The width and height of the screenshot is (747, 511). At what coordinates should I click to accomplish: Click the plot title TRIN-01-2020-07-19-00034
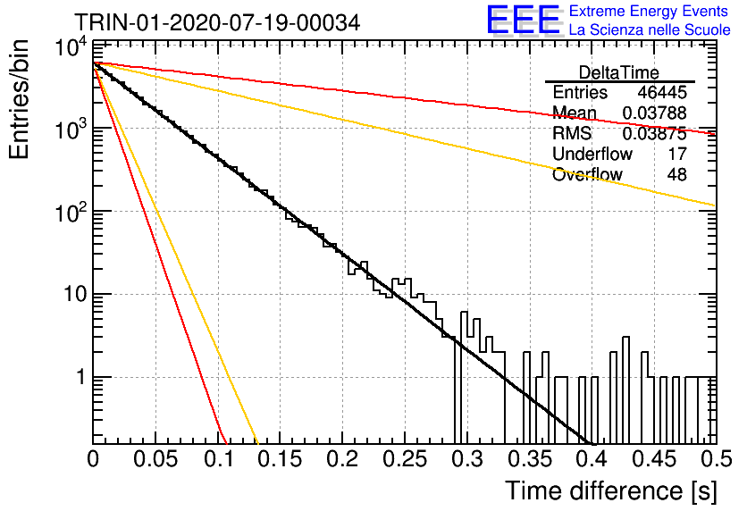click(x=217, y=23)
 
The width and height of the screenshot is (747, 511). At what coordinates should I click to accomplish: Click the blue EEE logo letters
click(x=524, y=20)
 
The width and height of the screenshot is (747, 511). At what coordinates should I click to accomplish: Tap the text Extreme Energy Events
click(x=649, y=11)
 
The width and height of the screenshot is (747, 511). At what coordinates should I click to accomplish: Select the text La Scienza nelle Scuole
click(x=650, y=29)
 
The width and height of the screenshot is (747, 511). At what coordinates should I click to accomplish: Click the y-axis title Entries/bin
click(x=20, y=99)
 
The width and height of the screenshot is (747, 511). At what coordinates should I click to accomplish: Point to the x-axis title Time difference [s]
click(x=611, y=490)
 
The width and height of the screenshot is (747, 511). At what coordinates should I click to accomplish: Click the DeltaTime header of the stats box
click(x=618, y=72)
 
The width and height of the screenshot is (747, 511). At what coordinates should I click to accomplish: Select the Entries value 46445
click(x=662, y=92)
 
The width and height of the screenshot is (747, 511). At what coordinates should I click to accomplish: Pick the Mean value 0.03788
click(x=654, y=113)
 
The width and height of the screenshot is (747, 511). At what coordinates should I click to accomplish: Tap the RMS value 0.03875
click(x=654, y=133)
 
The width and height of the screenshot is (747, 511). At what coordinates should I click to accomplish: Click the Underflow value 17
click(x=677, y=154)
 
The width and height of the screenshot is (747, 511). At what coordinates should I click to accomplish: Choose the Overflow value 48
click(x=677, y=174)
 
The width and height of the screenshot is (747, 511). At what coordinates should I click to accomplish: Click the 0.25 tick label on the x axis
click(x=405, y=459)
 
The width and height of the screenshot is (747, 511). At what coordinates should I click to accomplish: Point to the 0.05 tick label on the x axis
click(x=155, y=459)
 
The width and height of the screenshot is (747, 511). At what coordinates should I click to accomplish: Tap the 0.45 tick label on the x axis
click(x=655, y=459)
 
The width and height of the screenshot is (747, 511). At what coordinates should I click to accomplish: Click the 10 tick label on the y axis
click(x=75, y=294)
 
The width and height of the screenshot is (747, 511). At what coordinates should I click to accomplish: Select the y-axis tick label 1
click(x=81, y=377)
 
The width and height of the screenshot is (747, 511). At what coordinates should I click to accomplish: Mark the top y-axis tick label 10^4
click(x=71, y=46)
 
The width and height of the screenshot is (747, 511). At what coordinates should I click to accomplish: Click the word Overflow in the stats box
click(x=587, y=174)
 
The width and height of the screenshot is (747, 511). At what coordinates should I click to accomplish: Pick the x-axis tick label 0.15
click(x=281, y=459)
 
